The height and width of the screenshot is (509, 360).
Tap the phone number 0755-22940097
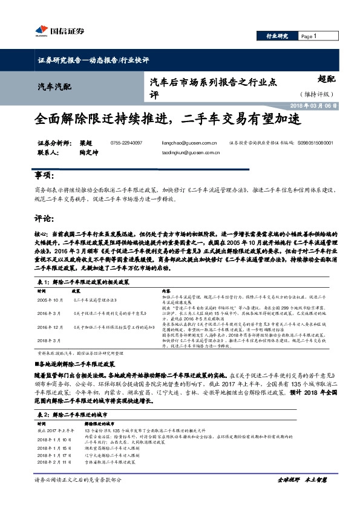tap(126, 143)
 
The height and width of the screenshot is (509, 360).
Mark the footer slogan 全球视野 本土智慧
tap(301, 480)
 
